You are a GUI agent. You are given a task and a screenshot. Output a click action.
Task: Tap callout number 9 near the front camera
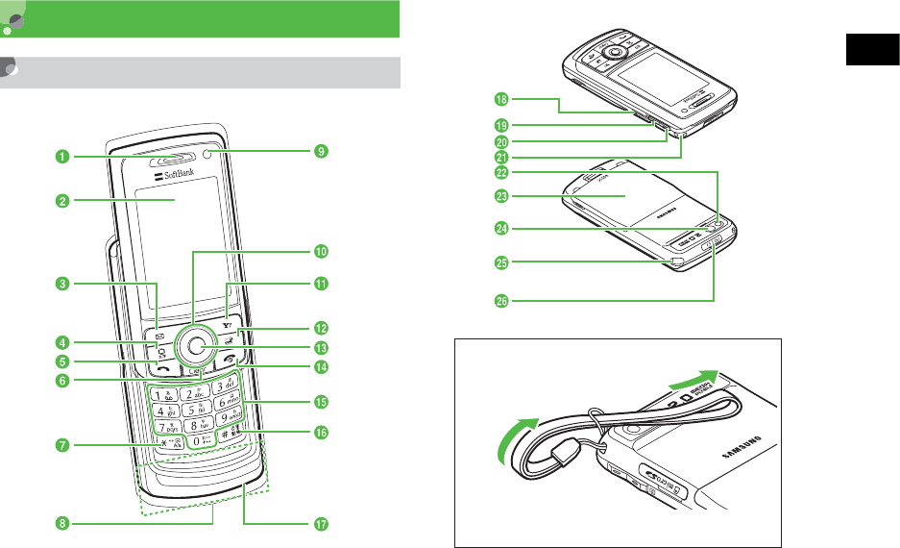(x=322, y=151)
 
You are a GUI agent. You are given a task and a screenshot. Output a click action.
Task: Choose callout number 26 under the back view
(x=500, y=301)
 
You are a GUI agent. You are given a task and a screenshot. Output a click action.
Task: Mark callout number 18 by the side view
(x=500, y=98)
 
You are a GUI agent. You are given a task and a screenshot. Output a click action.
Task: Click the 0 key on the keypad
(x=195, y=442)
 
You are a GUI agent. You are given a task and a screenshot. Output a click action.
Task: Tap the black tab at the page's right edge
(x=872, y=48)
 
